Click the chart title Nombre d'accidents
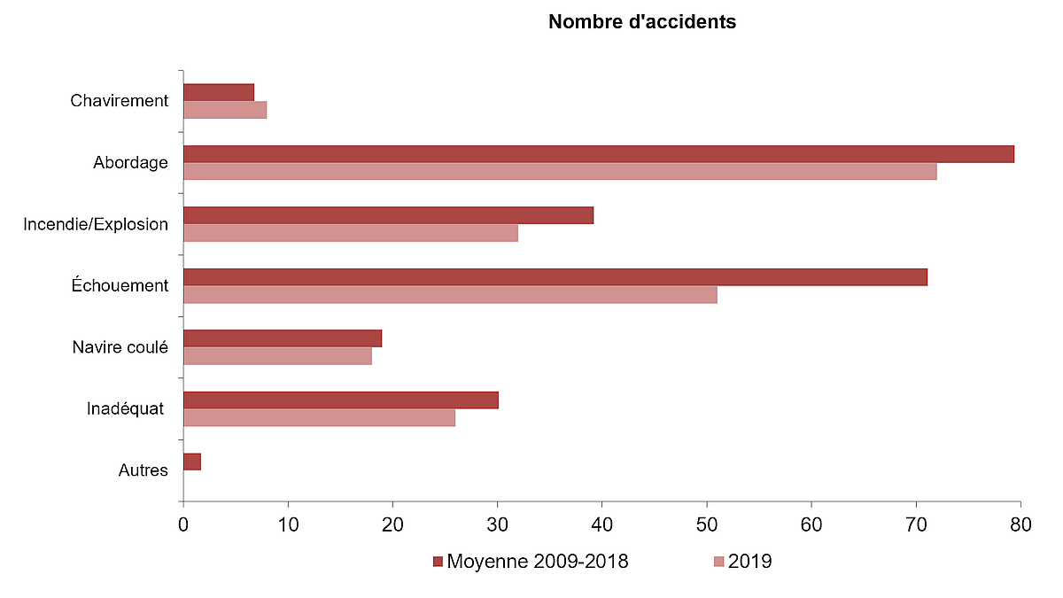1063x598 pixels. (641, 22)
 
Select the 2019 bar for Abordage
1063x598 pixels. (560, 172)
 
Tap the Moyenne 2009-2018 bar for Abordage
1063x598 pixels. (598, 154)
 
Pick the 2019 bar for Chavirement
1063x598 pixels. (225, 110)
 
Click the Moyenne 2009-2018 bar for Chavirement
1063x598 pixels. (219, 92)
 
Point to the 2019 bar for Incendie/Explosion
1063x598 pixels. (350, 233)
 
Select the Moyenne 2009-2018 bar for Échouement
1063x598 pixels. (555, 277)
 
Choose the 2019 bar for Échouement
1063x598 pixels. (450, 295)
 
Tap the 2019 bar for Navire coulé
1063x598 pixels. (277, 356)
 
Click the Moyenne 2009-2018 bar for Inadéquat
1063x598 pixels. (340, 400)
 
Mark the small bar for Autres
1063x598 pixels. (192, 462)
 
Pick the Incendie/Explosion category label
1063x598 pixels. (96, 224)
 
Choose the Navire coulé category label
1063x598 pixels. (120, 347)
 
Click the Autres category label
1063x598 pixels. (143, 470)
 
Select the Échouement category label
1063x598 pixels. (120, 286)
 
